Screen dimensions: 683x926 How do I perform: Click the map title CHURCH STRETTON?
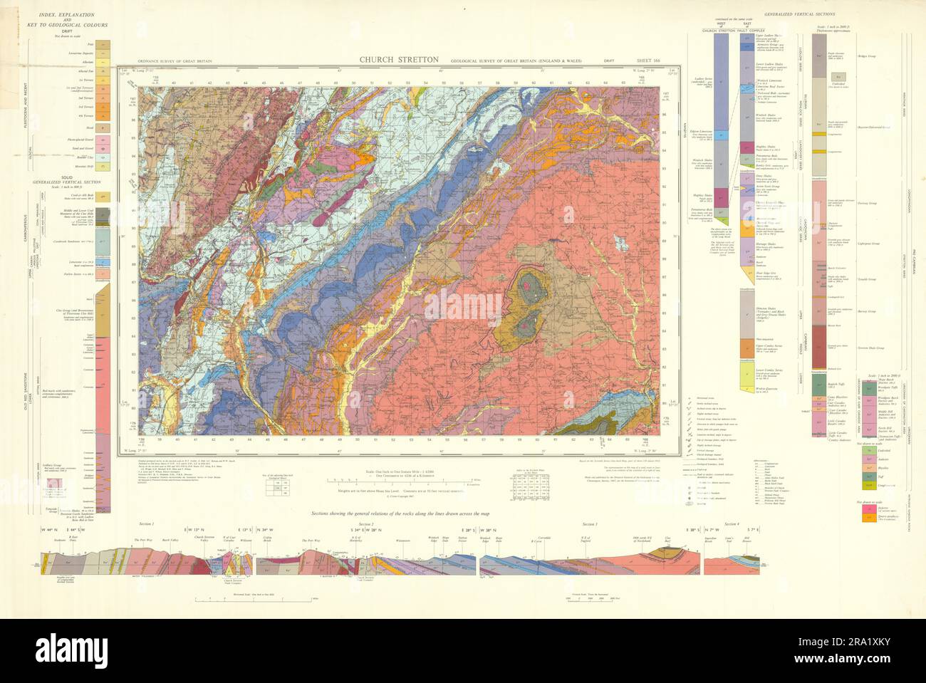398,60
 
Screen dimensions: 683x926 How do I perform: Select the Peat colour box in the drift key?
104,45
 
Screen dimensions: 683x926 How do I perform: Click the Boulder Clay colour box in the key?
104,157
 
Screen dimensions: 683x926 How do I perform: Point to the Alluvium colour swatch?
104,63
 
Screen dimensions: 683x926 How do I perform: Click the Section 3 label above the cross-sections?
588,523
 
